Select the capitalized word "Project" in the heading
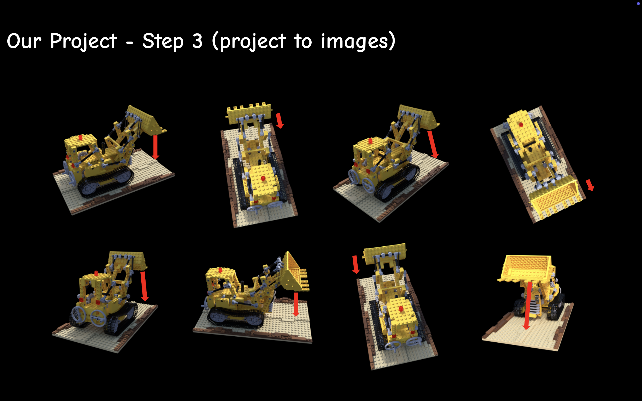tap(84, 42)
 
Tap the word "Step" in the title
tap(163, 42)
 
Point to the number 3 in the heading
tap(197, 41)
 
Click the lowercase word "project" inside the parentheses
tap(253, 42)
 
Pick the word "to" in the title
tap(303, 42)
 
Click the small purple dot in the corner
tap(638, 3)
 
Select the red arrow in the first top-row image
tap(155, 147)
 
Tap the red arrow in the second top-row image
tap(279, 121)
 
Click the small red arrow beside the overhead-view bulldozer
tap(590, 185)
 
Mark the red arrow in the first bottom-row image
tap(144, 286)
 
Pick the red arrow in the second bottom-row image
tap(296, 305)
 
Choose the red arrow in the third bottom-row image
tap(356, 264)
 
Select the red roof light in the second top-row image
tap(263, 178)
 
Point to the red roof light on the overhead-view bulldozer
tap(521, 124)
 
